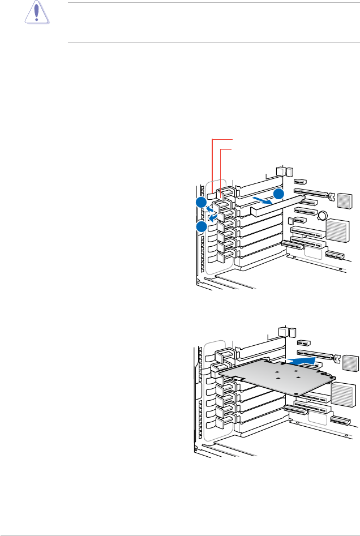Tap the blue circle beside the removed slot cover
tap(278, 194)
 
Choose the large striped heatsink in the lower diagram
tap(346, 394)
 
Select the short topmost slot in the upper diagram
tap(300, 183)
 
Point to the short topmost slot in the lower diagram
tap(303, 343)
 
